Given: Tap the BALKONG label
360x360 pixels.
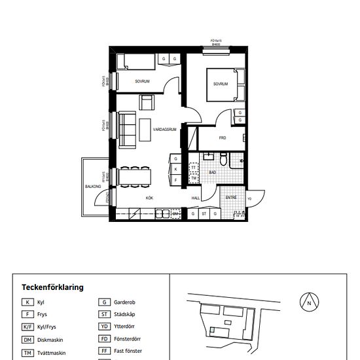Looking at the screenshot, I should pos(93,187).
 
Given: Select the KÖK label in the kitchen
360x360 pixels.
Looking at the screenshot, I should pos(149,197).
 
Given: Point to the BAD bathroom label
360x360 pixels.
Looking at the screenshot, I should pos(213,172).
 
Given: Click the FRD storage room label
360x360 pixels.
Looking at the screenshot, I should pos(223,138).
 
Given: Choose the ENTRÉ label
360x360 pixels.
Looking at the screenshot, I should pos(231,197).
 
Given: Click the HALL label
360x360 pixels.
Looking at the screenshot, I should pos(195,197).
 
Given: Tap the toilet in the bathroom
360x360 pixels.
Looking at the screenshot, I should pos(224,160).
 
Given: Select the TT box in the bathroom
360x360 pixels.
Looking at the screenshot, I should pos(194,168).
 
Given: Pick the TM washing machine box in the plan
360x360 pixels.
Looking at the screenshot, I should pos(194,177).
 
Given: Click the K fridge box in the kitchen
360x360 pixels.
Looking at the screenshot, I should pos(176,169).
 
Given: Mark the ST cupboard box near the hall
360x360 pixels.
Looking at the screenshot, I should pos(204,213).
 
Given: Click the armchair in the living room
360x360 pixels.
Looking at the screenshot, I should pos(147,103).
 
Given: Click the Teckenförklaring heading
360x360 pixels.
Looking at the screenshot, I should pos(52,287).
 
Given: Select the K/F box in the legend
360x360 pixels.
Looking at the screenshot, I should pos(28,327).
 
